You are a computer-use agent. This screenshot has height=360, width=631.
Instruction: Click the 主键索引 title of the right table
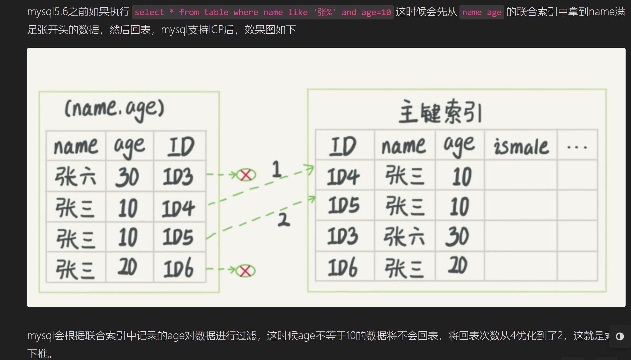[440, 112]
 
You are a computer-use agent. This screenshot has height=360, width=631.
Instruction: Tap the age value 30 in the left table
[128, 177]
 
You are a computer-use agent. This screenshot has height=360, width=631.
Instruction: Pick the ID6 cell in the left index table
[178, 268]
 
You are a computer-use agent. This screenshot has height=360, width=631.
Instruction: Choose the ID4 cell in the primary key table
[343, 176]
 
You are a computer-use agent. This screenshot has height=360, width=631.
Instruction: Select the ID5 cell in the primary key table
[343, 205]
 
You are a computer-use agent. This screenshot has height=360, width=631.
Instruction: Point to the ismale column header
[521, 146]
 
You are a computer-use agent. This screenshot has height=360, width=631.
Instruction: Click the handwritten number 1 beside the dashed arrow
[276, 169]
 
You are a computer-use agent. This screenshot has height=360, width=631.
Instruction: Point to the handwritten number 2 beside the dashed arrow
[284, 220]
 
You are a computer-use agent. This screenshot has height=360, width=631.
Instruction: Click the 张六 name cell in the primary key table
[404, 236]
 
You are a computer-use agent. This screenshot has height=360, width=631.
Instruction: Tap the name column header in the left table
[76, 146]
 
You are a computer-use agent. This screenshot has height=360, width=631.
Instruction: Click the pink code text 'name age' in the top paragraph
[481, 12]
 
